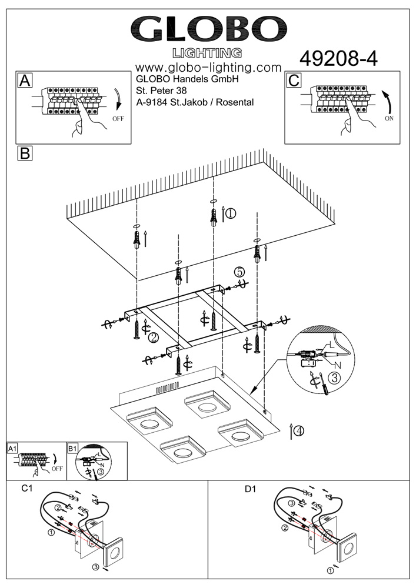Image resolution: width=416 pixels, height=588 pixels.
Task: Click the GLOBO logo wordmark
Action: point(208,28)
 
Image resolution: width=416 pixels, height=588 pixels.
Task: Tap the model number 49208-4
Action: point(338,58)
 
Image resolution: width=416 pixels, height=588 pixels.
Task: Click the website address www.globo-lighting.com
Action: point(208,68)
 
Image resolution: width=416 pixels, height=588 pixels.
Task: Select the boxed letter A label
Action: point(25,81)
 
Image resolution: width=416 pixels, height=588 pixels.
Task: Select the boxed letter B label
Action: point(25,153)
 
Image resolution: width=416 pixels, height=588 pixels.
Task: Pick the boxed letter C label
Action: point(295,81)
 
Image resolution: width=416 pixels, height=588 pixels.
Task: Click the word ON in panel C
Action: point(389,118)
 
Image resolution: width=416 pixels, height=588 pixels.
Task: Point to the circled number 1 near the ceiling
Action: point(231,213)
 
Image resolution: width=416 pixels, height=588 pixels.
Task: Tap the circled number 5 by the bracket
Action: point(239,272)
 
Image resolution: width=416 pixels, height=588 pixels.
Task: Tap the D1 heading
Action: point(251,489)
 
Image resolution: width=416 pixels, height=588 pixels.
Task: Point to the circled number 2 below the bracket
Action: point(153,338)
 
